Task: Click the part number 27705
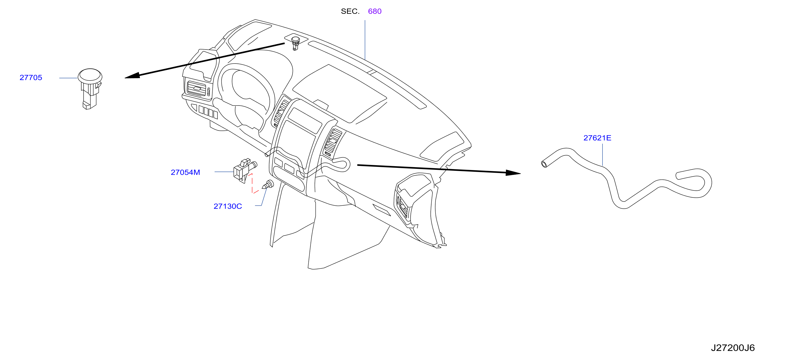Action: pos(31,78)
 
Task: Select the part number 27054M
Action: pos(185,172)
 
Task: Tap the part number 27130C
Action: pos(228,206)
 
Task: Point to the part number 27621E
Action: pos(597,138)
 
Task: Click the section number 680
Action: pos(374,11)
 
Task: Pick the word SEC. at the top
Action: pos(350,11)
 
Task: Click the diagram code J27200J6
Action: pos(733,348)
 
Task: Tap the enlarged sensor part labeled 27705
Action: pos(90,88)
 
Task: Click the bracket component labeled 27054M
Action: pos(245,171)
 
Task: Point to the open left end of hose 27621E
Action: pos(544,164)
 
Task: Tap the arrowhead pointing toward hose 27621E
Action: pos(513,173)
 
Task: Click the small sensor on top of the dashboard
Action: pos(295,43)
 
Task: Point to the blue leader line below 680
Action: pos(365,40)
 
